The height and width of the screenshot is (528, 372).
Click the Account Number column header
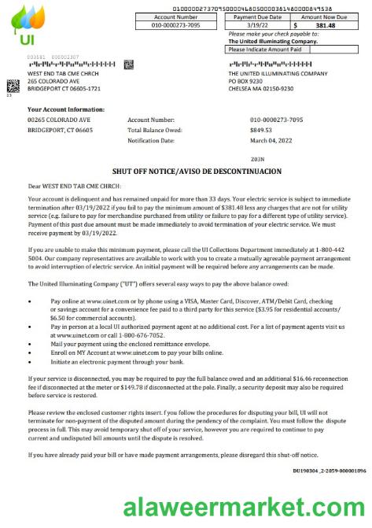[x=176, y=16]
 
